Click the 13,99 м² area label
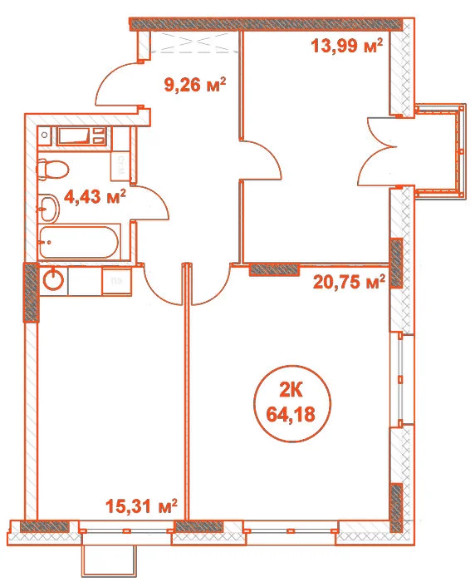[x=347, y=47]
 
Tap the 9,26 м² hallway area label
[x=195, y=86]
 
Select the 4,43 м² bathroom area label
[x=95, y=196]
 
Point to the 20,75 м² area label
[x=349, y=282]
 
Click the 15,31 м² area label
[x=141, y=506]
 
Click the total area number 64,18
[x=291, y=414]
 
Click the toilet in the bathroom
[x=52, y=170]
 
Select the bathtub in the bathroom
[x=79, y=242]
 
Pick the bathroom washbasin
[x=48, y=208]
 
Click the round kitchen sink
[x=53, y=279]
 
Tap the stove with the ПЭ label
[x=117, y=281]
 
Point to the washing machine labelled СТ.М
[x=120, y=167]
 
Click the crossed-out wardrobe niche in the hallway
[x=195, y=42]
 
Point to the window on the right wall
[x=401, y=379]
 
